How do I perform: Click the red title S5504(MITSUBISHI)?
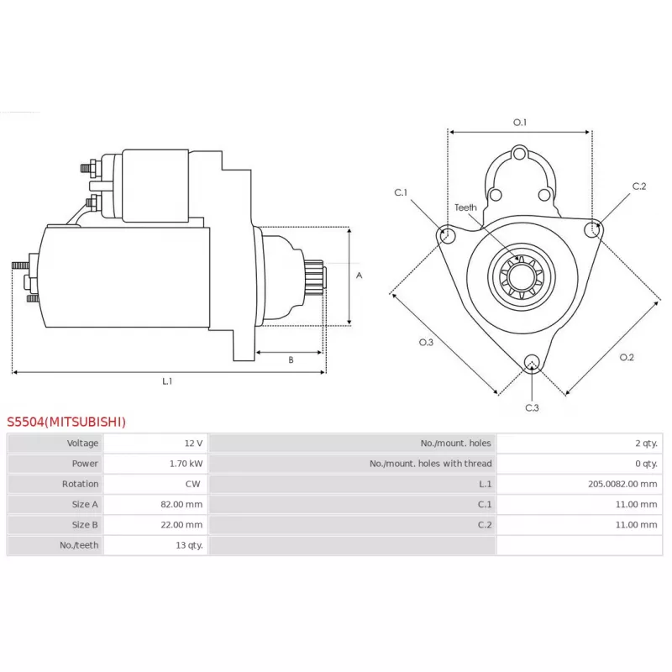(x=66, y=422)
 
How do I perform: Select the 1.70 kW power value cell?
(x=186, y=464)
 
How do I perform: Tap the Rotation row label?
(x=80, y=484)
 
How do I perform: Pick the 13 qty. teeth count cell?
(x=189, y=545)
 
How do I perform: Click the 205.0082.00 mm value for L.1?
(x=622, y=484)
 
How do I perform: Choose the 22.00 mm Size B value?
(x=181, y=524)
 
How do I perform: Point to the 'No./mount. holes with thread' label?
(x=430, y=464)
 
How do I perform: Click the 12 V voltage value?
(x=193, y=444)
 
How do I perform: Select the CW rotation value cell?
(x=192, y=484)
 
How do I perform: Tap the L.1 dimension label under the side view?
(x=167, y=381)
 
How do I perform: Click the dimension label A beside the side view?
(x=360, y=276)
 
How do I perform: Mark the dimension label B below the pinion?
(x=291, y=360)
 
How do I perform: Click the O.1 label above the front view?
(x=520, y=123)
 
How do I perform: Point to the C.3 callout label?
(x=532, y=407)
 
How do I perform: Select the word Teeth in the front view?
(x=465, y=207)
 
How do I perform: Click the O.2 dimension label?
(x=627, y=358)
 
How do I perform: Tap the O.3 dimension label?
(x=426, y=342)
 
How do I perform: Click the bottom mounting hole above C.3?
(x=532, y=362)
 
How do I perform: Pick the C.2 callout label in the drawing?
(x=639, y=186)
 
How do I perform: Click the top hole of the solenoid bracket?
(x=519, y=153)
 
